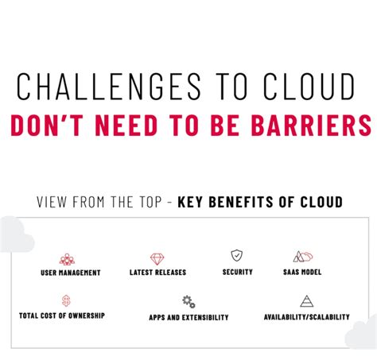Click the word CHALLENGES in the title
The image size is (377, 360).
pos(109,87)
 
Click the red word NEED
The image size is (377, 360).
pos(126,126)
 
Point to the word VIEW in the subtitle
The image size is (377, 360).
pos(52,202)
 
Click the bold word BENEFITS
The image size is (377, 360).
pos(241,202)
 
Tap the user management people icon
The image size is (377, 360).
pos(67,259)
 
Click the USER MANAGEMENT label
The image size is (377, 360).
pos(71,273)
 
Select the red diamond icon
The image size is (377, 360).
pos(157,259)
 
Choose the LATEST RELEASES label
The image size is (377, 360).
pos(157,273)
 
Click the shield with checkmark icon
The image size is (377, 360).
pos(236,255)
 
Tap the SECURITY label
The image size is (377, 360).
pos(238,272)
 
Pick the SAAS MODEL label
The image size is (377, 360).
pos(302,272)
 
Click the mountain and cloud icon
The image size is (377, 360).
pos(303,257)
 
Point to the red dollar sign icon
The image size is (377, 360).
pos(66,301)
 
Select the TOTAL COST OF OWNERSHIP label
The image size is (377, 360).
pos(62,315)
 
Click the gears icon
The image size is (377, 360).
pos(188,302)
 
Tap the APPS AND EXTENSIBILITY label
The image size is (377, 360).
pos(188,317)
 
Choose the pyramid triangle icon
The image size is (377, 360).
pos(307,301)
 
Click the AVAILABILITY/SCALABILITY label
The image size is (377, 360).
pos(307,317)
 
